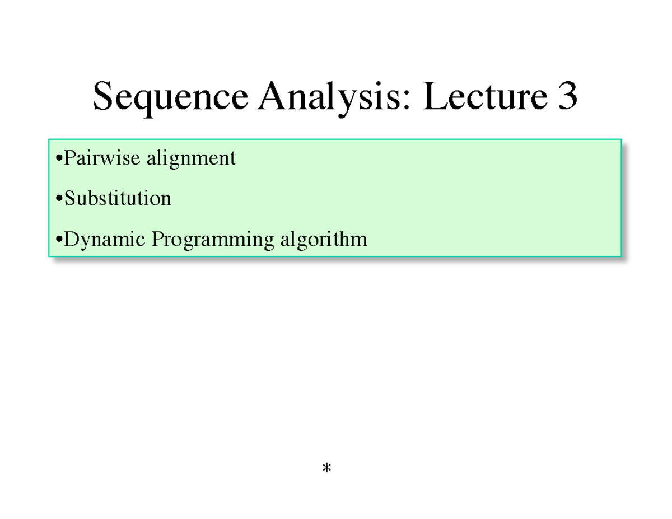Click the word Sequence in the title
coord(170,97)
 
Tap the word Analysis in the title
coord(333,97)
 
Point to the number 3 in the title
coord(566,96)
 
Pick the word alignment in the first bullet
coord(191,160)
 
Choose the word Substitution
coord(118,198)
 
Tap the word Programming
coord(213,241)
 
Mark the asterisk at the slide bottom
coord(327,469)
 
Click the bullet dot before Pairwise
coord(60,160)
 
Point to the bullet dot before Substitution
coord(60,200)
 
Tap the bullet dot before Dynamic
coord(60,241)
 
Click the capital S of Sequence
coord(103,96)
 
